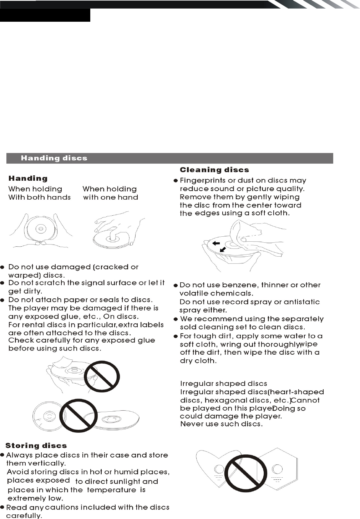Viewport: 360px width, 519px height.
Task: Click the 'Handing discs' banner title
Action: [54, 158]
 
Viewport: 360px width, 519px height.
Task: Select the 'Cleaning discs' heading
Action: [214, 170]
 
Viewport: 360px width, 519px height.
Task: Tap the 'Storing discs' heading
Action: [36, 446]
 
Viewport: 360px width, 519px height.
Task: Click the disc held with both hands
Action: [41, 228]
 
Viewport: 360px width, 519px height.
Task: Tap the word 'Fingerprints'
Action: [203, 181]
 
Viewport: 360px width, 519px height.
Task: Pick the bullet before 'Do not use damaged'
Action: [2, 267]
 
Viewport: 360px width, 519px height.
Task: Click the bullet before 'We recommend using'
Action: [176, 319]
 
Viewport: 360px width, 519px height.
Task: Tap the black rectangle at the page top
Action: [45, 15]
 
